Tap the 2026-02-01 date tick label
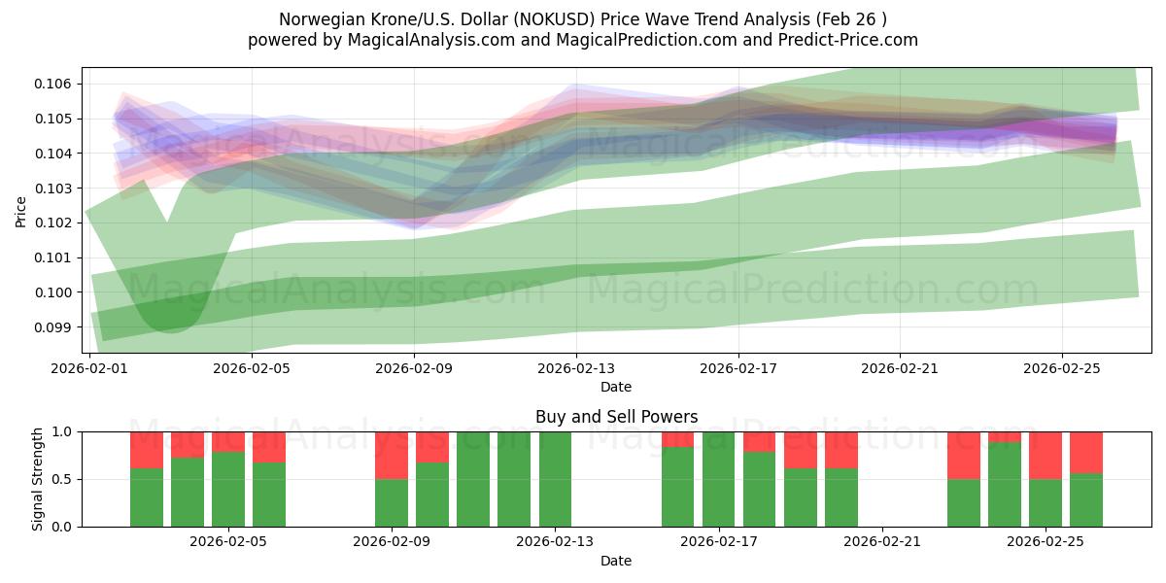(x=90, y=368)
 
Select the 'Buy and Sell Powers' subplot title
(x=616, y=417)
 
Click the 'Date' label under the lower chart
(x=616, y=561)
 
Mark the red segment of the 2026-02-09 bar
(x=392, y=455)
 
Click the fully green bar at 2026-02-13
(x=555, y=479)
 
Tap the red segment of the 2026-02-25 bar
(x=1046, y=455)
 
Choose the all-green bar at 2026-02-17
(x=718, y=479)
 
